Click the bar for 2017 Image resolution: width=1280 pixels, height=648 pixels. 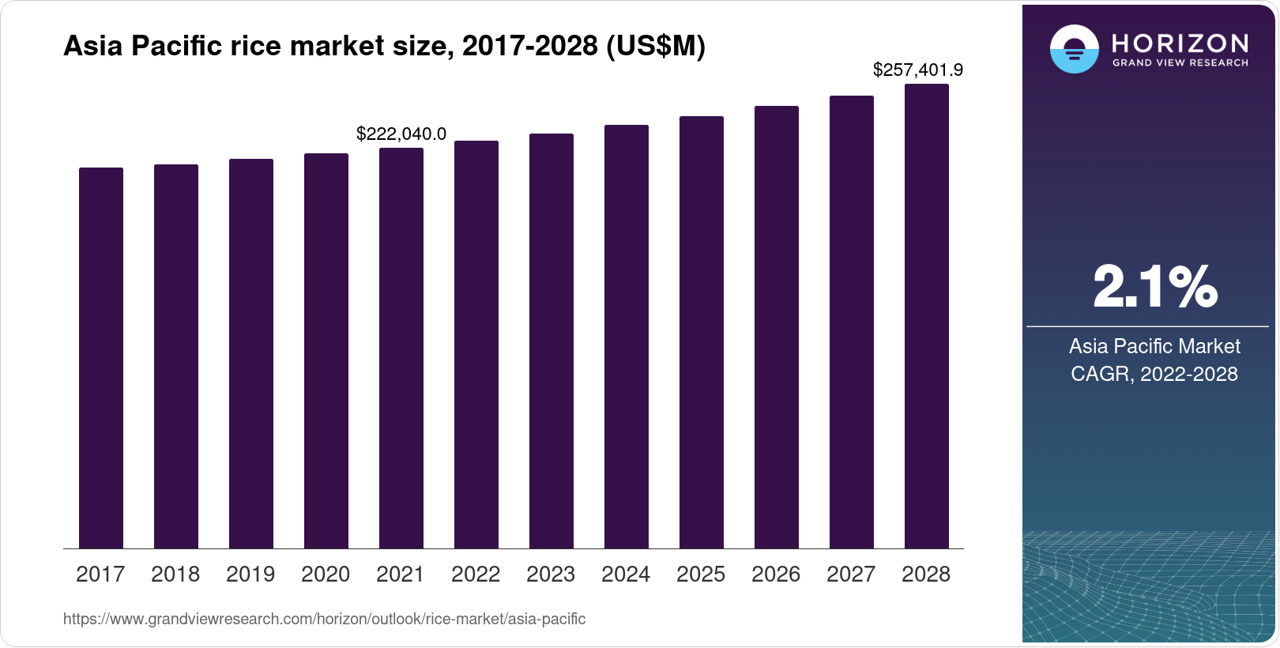coord(101,358)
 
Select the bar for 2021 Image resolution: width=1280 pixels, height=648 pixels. coord(401,348)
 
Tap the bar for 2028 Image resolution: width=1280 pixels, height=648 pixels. coord(927,316)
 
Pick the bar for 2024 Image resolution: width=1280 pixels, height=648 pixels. coord(627,337)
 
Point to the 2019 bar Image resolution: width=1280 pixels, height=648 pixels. coord(251,353)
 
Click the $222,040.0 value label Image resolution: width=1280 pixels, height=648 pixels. coord(401,134)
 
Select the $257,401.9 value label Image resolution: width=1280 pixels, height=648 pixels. coord(918,70)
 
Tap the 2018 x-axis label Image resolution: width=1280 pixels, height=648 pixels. coord(175,575)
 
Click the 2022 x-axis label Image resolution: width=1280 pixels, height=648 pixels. coord(476,575)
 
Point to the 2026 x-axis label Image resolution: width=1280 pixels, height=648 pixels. coord(776,575)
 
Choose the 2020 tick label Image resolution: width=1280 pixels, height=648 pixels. coord(326,575)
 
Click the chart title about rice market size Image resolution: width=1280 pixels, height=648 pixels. coord(384,47)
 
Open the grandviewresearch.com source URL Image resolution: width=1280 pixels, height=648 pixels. coord(324,620)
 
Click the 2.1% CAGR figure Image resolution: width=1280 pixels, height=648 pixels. coord(1155,287)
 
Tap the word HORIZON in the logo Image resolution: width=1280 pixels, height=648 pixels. coord(1180,43)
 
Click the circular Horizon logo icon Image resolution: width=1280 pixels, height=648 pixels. coord(1074,49)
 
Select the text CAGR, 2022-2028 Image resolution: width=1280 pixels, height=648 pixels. coord(1154,374)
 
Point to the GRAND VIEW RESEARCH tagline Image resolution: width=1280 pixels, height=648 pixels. coord(1180,62)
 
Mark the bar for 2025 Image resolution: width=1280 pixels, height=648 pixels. coord(702,332)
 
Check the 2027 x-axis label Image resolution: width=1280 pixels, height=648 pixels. coord(851,575)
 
